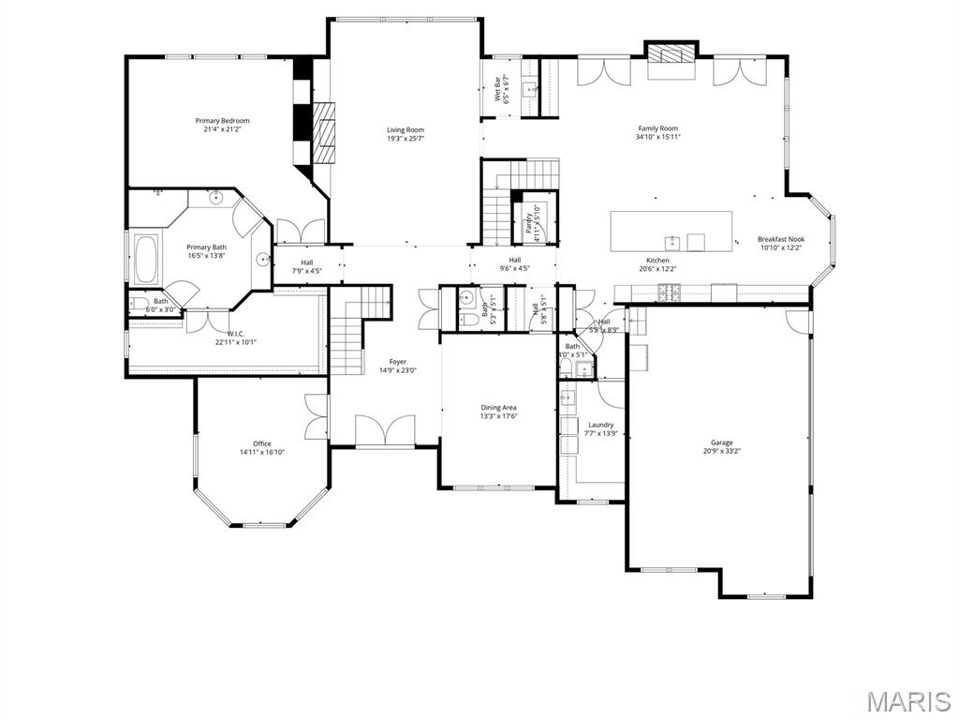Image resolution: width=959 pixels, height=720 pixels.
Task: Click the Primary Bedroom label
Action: [222, 121]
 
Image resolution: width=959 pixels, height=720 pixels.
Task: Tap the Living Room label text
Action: [406, 130]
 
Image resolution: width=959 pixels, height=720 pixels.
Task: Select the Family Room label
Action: [657, 128]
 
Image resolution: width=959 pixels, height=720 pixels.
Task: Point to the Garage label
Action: [721, 442]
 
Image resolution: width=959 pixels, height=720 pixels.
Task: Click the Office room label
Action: [261, 443]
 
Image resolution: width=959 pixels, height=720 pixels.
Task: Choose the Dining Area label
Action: [498, 408]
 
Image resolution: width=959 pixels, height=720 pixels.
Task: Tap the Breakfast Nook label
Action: [780, 240]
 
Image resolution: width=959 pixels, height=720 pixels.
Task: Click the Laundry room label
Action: [600, 425]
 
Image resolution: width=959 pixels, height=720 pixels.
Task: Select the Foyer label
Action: [398, 362]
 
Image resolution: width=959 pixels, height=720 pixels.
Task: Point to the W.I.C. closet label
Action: [235, 334]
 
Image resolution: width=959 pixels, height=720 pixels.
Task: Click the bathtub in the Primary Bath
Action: [147, 260]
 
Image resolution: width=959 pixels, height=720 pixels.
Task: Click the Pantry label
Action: [528, 223]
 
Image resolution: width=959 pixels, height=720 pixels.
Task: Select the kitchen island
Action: [671, 231]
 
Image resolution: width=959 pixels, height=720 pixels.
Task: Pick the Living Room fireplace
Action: [322, 133]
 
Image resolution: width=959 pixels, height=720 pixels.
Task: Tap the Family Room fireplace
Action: [671, 53]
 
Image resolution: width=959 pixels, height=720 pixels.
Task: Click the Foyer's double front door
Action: [385, 431]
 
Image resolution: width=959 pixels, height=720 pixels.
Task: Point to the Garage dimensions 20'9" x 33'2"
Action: [721, 451]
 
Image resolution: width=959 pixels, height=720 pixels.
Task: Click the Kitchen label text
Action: [657, 261]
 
